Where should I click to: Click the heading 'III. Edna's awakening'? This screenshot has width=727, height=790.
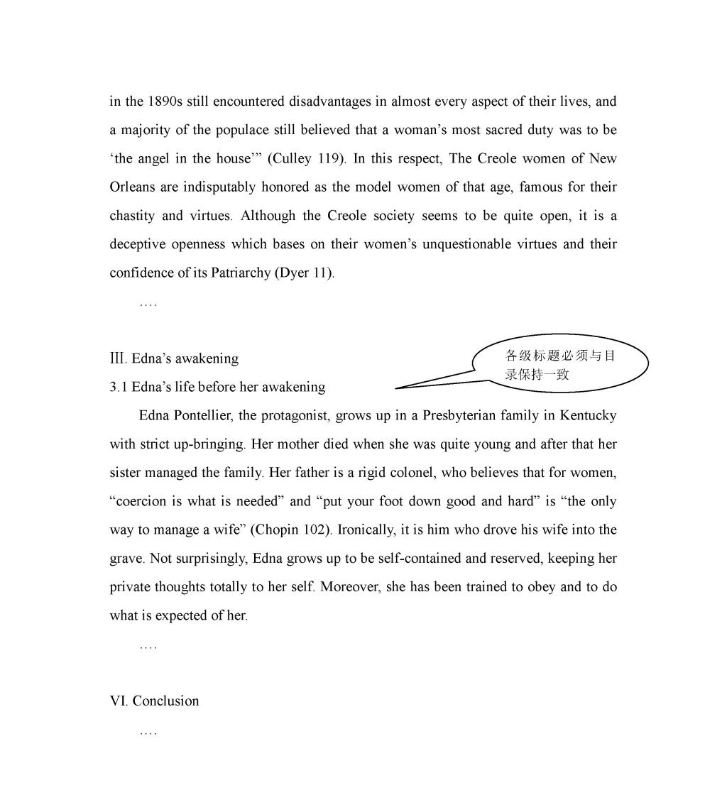click(x=174, y=358)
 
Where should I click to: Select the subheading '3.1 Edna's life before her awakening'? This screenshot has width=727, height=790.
click(x=217, y=387)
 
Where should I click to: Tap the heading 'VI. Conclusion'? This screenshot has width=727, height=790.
click(x=154, y=701)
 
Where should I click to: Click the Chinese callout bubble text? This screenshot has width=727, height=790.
click(x=559, y=365)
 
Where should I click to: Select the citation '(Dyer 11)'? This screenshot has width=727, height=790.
click(x=303, y=273)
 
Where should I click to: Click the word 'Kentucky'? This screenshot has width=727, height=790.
click(x=588, y=415)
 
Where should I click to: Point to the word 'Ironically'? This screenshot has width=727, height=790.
click(x=368, y=530)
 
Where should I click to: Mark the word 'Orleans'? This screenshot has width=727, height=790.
click(x=130, y=187)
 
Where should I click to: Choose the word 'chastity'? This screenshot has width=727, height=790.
click(x=132, y=216)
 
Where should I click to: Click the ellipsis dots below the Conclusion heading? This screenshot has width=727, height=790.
click(x=148, y=732)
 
